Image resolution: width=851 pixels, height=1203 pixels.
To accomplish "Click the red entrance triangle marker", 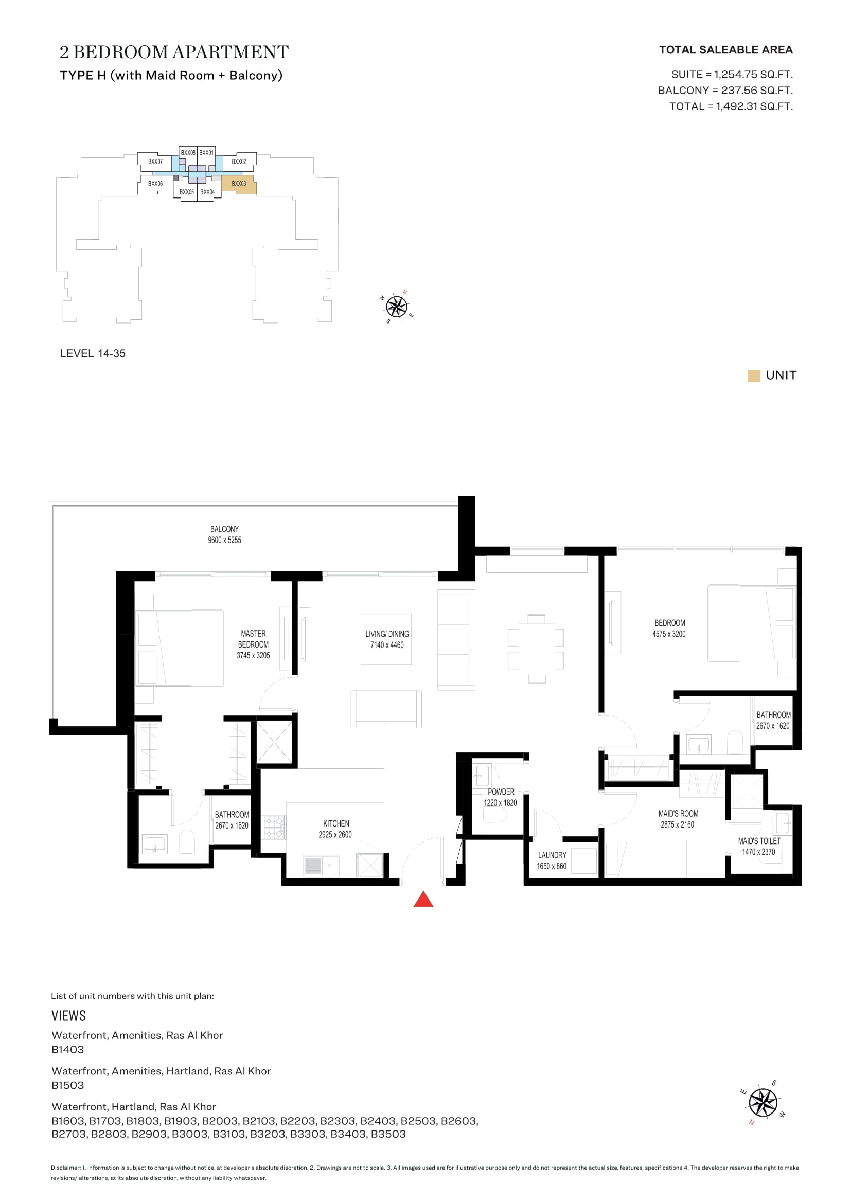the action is [423, 900].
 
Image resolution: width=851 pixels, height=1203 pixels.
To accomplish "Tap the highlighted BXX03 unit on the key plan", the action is [239, 185].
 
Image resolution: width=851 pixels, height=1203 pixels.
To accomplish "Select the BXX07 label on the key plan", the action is [155, 162].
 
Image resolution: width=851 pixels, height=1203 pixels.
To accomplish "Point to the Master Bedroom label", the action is [254, 639].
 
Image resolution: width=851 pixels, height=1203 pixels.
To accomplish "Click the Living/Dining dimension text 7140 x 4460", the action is [387, 645].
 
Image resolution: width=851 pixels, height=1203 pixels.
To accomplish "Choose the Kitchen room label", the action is [336, 823].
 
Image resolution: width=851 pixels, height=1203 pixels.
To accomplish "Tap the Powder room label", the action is [501, 792].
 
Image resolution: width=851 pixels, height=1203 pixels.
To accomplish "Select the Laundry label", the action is [552, 855].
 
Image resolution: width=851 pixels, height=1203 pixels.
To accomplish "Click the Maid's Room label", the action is [679, 814].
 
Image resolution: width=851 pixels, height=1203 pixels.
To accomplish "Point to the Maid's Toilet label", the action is [759, 841].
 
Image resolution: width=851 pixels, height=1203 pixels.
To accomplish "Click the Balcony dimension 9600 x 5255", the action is [225, 540].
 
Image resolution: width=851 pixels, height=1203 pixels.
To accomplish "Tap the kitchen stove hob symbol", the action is [274, 828].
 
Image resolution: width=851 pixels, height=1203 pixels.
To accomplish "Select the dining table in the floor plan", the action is [537, 648].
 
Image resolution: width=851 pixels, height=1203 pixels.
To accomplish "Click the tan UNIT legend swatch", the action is [754, 375].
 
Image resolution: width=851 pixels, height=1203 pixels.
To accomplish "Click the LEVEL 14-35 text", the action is [93, 354].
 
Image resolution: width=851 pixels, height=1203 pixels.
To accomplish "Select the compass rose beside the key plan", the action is [397, 307].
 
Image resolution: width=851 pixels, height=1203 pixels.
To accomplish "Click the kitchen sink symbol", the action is [321, 866].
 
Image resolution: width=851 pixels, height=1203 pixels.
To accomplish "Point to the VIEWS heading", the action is [68, 1016].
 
